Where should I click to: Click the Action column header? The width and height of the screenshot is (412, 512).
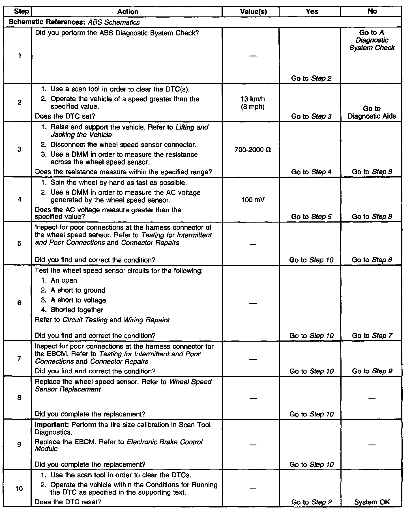click(x=128, y=12)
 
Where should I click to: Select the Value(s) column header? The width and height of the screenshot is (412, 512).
click(x=253, y=12)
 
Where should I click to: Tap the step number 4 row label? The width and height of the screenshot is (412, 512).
click(x=19, y=199)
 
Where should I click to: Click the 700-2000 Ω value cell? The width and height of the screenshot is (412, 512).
click(x=253, y=150)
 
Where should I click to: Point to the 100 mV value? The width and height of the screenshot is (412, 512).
click(x=253, y=200)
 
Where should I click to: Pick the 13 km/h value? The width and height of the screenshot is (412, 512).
click(x=253, y=99)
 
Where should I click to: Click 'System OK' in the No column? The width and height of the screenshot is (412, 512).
click(x=372, y=502)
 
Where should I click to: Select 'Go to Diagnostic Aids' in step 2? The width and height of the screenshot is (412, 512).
click(x=372, y=112)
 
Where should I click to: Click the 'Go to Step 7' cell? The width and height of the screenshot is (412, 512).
click(x=372, y=336)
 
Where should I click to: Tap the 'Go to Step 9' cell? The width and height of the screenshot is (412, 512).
click(x=372, y=371)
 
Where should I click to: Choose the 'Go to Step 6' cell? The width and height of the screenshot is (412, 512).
click(x=372, y=260)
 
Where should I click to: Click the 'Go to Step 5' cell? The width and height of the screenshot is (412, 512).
click(x=311, y=217)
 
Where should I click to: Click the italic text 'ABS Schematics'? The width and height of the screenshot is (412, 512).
click(x=113, y=22)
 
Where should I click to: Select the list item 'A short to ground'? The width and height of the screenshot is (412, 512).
click(x=78, y=290)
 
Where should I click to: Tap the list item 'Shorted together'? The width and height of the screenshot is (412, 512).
click(x=77, y=310)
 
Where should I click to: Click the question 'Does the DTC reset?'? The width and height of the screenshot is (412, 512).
click(x=68, y=502)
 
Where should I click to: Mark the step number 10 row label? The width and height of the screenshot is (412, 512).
click(x=19, y=488)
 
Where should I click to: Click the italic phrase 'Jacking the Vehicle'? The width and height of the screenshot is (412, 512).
click(x=81, y=135)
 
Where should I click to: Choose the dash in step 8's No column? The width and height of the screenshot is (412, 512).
click(x=372, y=398)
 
